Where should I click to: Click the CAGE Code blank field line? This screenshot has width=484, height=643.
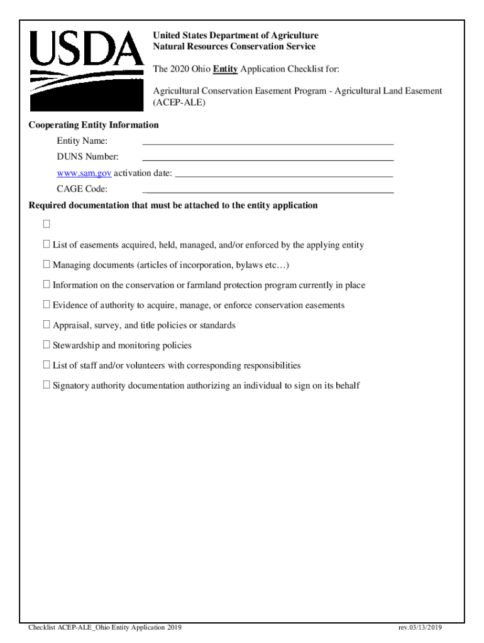pyautogui.click(x=268, y=191)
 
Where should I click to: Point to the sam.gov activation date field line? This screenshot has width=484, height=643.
pyautogui.click(x=283, y=175)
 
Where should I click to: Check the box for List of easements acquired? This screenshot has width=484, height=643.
pyautogui.click(x=47, y=244)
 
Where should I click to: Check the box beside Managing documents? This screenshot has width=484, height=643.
pyautogui.click(x=47, y=264)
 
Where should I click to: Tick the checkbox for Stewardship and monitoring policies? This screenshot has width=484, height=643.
pyautogui.click(x=47, y=345)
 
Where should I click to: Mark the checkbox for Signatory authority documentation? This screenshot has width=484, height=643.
pyautogui.click(x=47, y=385)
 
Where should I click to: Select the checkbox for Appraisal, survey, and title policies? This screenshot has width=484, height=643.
pyautogui.click(x=47, y=325)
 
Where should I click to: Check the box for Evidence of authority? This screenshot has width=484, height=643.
pyautogui.click(x=47, y=305)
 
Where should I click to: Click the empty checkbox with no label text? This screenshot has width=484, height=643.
pyautogui.click(x=47, y=224)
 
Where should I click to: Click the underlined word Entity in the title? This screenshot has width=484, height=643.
pyautogui.click(x=225, y=68)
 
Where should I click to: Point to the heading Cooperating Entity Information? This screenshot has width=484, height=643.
pyautogui.click(x=94, y=125)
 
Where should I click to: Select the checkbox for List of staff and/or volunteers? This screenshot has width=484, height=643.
pyautogui.click(x=47, y=365)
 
